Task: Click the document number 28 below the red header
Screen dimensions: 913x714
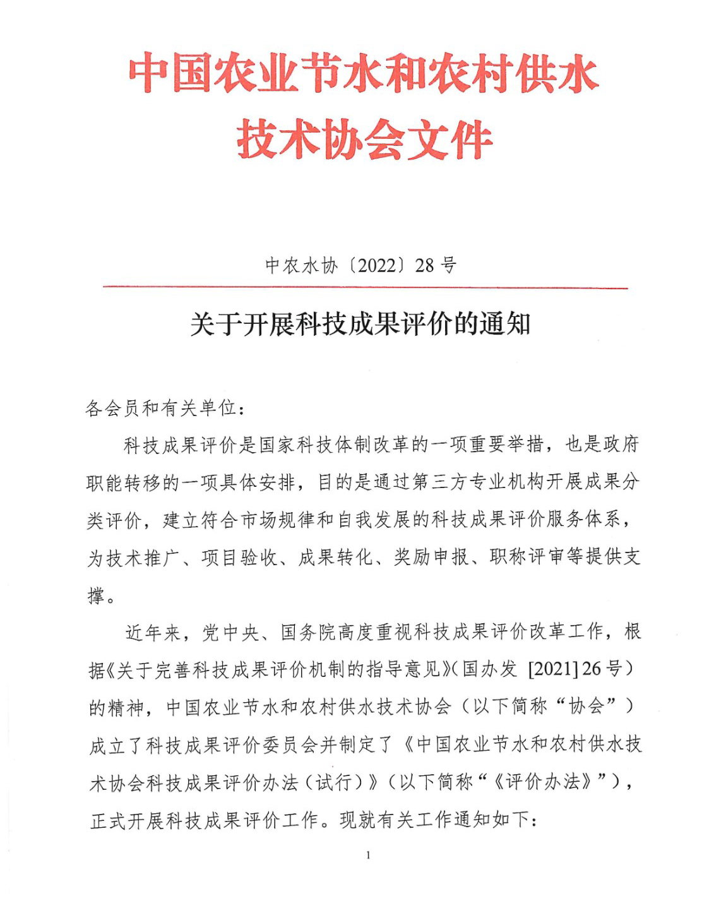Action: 424,265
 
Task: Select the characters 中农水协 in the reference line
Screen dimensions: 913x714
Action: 301,265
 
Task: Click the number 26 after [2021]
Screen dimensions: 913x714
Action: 592,669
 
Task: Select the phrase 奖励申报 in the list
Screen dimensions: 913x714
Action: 431,557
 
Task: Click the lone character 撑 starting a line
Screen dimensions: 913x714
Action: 96,595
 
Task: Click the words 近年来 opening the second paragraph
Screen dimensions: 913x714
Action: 153,632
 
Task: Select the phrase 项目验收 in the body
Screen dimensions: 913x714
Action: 239,557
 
